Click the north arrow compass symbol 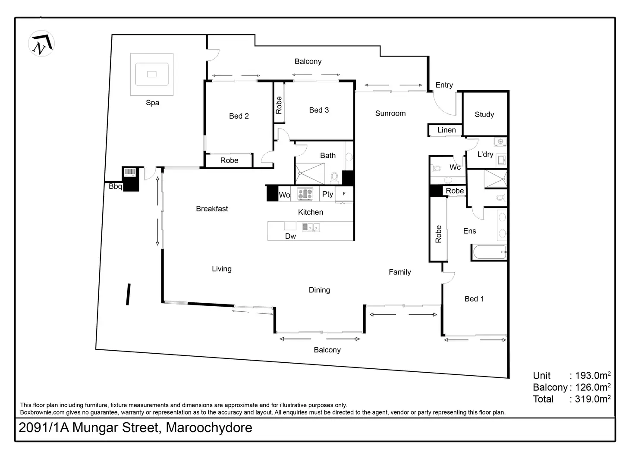pyautogui.click(x=41, y=44)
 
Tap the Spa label pyautogui.click(x=152, y=103)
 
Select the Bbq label pyautogui.click(x=115, y=186)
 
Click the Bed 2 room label pyautogui.click(x=239, y=116)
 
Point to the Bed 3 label pyautogui.click(x=319, y=110)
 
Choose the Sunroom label pyautogui.click(x=390, y=113)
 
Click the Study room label pyautogui.click(x=484, y=114)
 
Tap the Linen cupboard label pyautogui.click(x=446, y=130)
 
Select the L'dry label pyautogui.click(x=485, y=154)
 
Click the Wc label pyautogui.click(x=455, y=167)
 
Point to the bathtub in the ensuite pyautogui.click(x=489, y=252)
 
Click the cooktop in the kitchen pyautogui.click(x=305, y=194)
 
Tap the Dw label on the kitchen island pyautogui.click(x=290, y=236)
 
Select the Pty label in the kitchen pyautogui.click(x=327, y=194)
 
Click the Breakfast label pyautogui.click(x=212, y=209)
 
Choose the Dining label pyautogui.click(x=319, y=290)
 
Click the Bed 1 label pyautogui.click(x=474, y=299)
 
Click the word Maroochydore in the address pyautogui.click(x=209, y=428)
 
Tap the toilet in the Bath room pyautogui.click(x=334, y=177)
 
